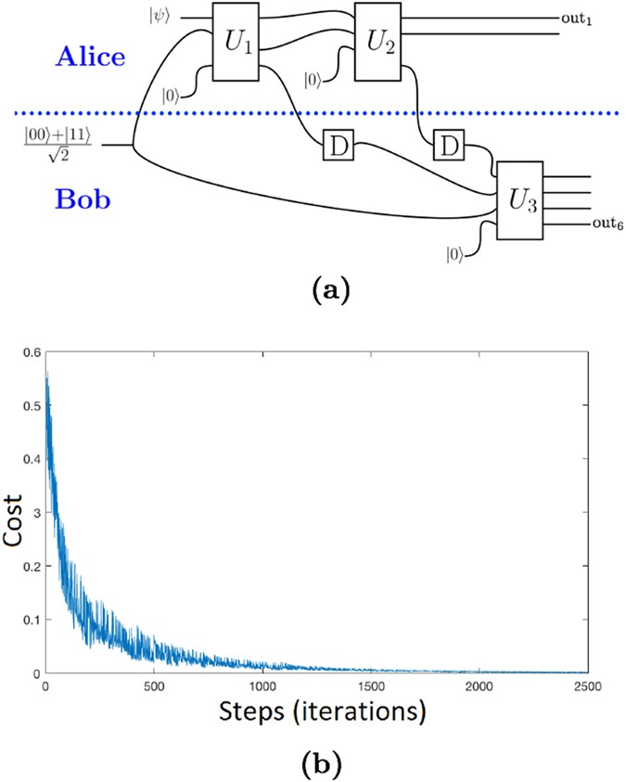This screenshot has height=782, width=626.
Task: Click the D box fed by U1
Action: pyautogui.click(x=334, y=146)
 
